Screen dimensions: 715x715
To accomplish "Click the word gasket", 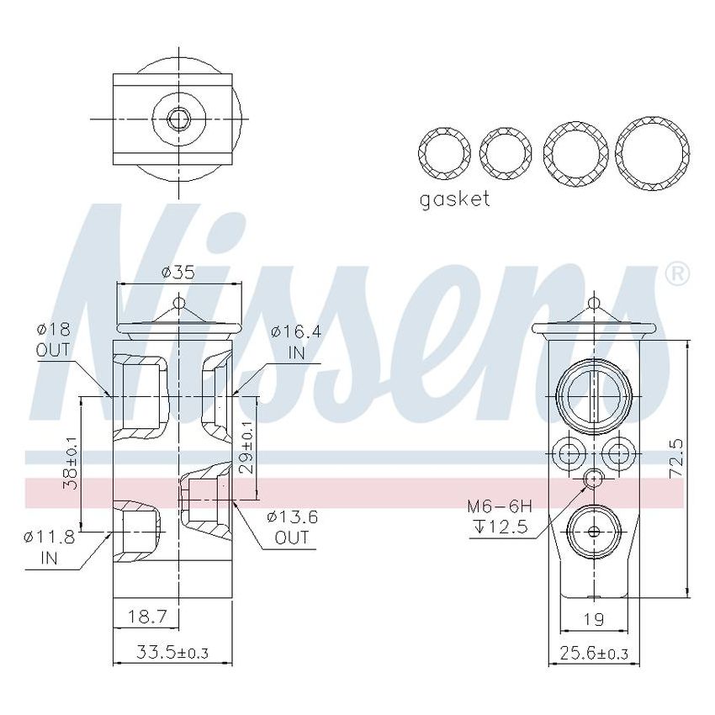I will click(x=454, y=199).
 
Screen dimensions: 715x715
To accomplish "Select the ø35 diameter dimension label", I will click(x=177, y=272).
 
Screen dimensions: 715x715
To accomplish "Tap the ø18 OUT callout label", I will click(x=53, y=339).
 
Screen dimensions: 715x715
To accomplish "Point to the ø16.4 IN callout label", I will click(x=296, y=342).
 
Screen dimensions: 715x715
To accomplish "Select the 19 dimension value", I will click(x=594, y=620).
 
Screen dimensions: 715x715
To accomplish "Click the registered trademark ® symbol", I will click(x=677, y=274).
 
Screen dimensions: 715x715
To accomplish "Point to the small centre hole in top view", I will click(x=177, y=119).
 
